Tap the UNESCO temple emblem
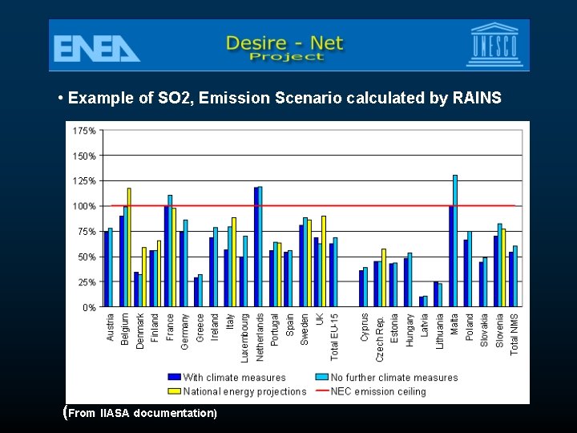pos(494,45)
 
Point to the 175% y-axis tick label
pos(85,130)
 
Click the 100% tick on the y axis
pos(85,206)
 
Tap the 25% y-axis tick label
pos(87,282)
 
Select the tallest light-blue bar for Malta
pos(455,241)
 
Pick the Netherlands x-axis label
pos(260,335)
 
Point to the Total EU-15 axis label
pos(335,336)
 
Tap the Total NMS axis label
pos(515,334)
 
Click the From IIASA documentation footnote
pos(142,414)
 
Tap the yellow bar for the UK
pos(324,261)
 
